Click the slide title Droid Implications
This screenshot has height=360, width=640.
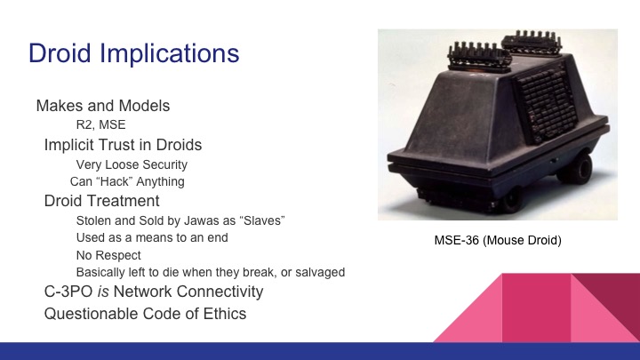click(134, 52)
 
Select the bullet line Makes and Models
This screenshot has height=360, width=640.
click(103, 106)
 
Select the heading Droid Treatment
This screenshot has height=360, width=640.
click(102, 201)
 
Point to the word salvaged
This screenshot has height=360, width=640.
click(319, 272)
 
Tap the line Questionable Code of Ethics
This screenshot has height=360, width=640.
click(145, 313)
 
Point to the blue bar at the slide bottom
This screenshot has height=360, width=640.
click(320, 351)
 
